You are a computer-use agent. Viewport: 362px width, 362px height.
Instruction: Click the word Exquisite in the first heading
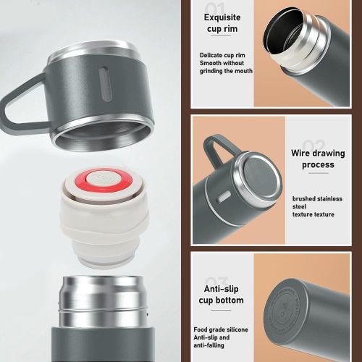pos(224,17)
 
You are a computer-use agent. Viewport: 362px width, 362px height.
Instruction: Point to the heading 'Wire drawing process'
pos(313,159)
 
